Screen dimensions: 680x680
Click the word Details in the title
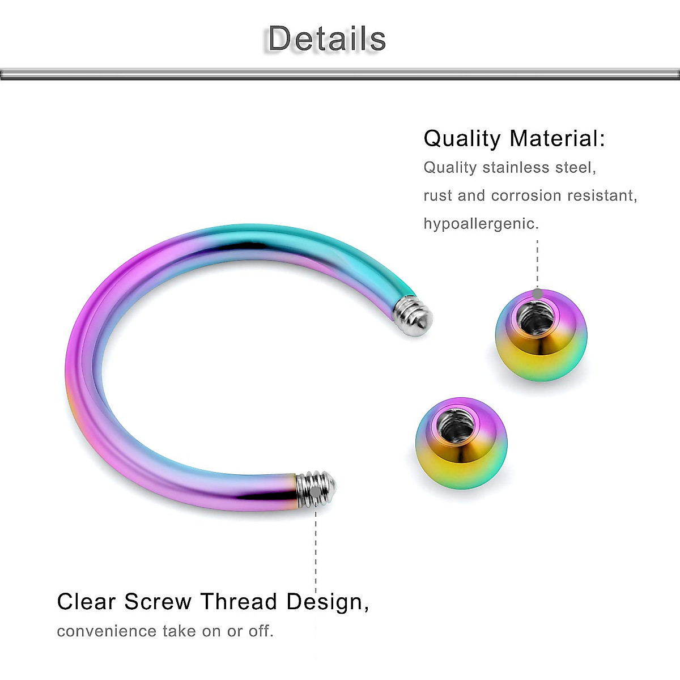point(327,39)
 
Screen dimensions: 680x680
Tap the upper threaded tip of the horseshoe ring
point(414,315)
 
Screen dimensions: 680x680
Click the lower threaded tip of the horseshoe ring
point(317,489)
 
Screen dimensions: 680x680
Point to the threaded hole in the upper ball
point(537,318)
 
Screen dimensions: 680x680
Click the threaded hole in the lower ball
point(457,426)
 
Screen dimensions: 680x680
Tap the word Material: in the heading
point(557,139)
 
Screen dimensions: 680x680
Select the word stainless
point(508,168)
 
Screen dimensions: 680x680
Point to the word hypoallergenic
point(481,223)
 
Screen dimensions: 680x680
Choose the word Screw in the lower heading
point(158,602)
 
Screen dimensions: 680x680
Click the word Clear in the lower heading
point(87,602)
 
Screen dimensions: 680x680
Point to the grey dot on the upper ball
point(537,294)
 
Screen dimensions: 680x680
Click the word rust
point(438,195)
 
